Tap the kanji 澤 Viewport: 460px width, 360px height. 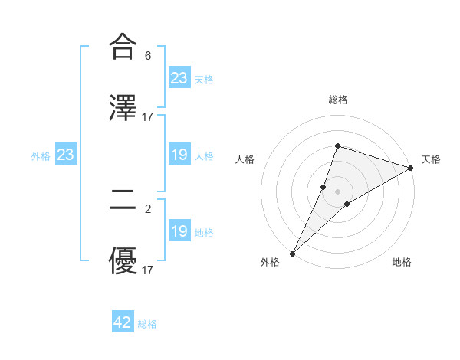tap(123, 106)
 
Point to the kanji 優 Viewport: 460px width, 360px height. tap(123, 262)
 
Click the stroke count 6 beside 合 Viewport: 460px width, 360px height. tap(148, 56)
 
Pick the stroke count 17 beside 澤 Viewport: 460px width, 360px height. tap(148, 116)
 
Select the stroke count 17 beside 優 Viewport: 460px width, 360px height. tap(148, 270)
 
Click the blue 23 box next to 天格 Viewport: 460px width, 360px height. tap(179, 78)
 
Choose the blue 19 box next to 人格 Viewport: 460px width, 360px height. tap(179, 155)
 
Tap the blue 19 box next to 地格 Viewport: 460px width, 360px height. tap(179, 231)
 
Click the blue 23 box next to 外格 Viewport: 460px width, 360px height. tap(66, 155)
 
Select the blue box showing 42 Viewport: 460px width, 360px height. tap(123, 322)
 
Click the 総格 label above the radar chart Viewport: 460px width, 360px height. tap(337, 100)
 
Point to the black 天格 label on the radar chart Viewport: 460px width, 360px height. tap(431, 159)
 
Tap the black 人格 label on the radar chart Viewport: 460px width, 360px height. tap(245, 159)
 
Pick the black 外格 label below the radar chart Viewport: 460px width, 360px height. tap(270, 263)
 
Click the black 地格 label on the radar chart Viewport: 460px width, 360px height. tap(402, 263)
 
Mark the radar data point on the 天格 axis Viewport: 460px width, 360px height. tap(410, 168)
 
